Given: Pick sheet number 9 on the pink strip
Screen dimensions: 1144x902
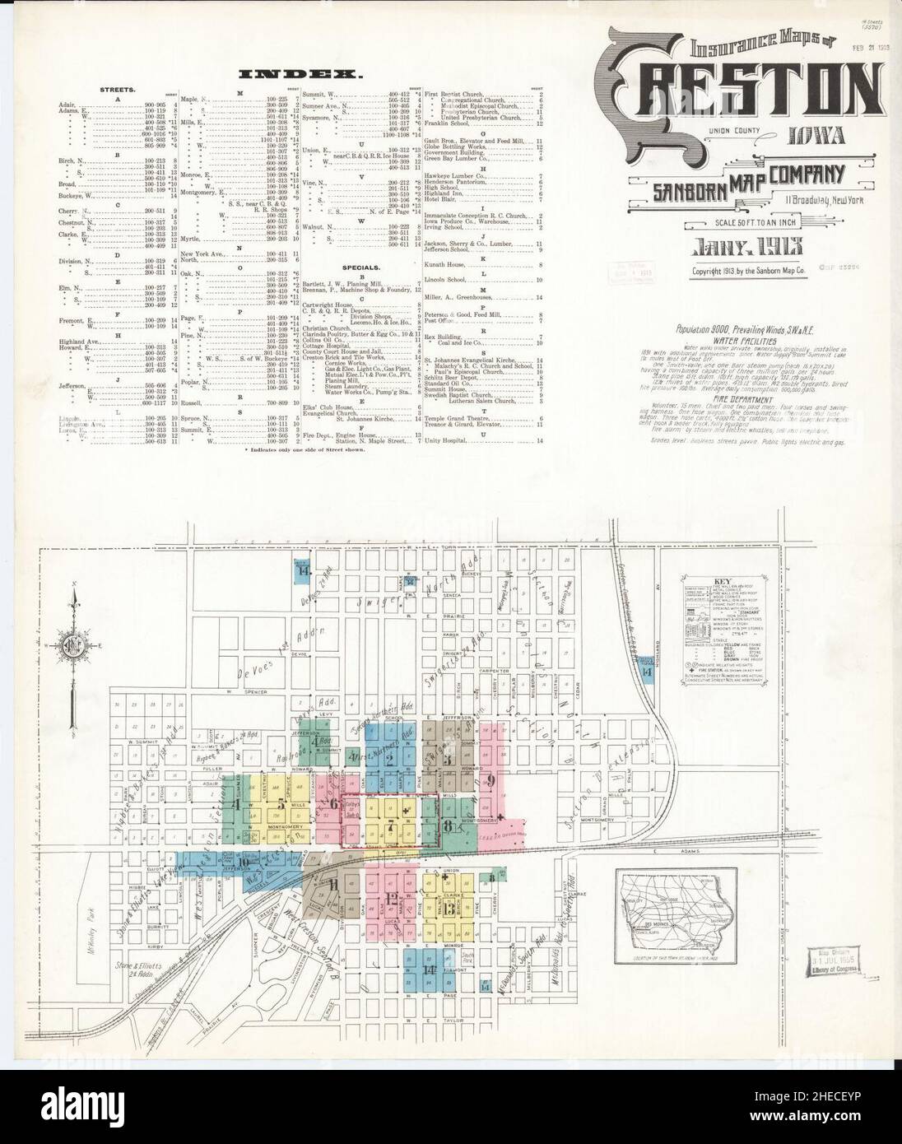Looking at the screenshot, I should (x=491, y=780).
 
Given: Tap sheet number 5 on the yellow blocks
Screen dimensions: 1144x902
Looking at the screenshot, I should (x=281, y=804).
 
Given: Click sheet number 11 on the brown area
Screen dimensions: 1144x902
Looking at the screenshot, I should (x=334, y=885).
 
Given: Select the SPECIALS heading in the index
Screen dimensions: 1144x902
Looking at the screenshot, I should (x=362, y=267).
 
